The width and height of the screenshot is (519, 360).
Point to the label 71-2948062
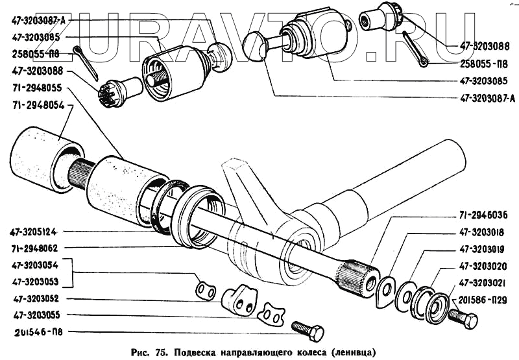36,247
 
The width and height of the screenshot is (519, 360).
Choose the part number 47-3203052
36,299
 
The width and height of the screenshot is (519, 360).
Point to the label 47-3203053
36,282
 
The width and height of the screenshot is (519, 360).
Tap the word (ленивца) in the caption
353,353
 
